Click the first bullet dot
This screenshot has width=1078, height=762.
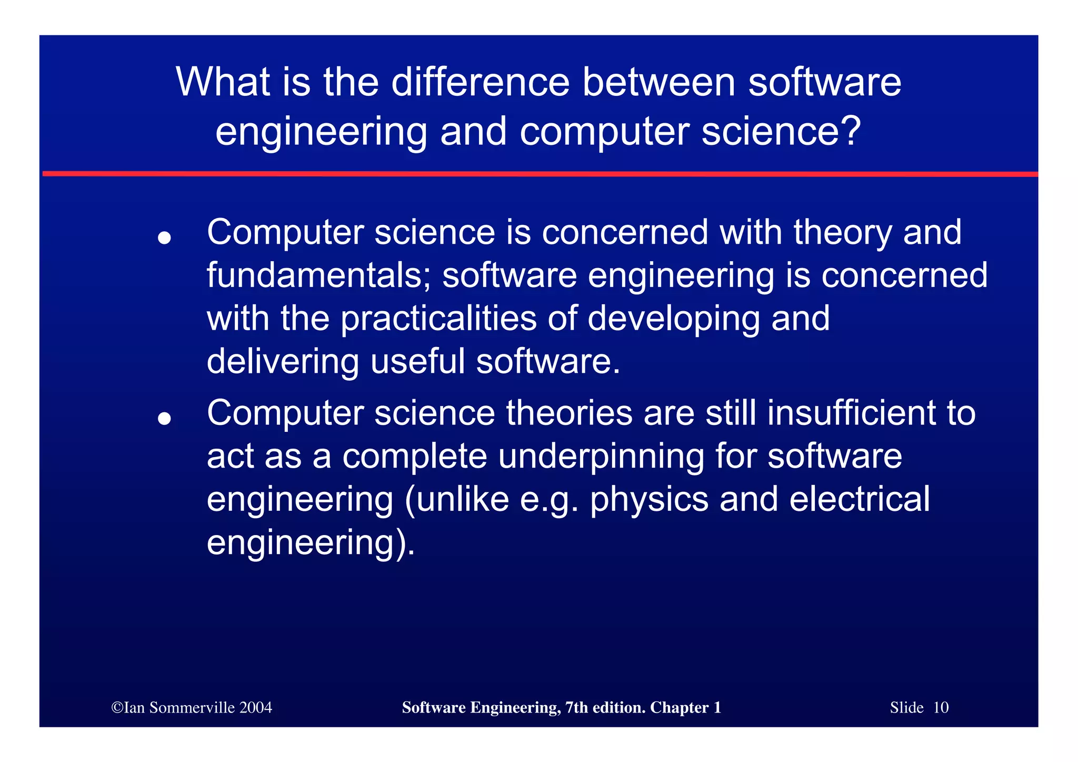pyautogui.click(x=165, y=238)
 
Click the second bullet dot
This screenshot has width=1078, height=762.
pyautogui.click(x=165, y=419)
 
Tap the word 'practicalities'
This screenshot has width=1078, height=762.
pyautogui.click(x=438, y=319)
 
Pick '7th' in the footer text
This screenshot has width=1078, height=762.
pyautogui.click(x=576, y=707)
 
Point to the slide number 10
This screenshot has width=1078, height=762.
pyautogui.click(x=941, y=707)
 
